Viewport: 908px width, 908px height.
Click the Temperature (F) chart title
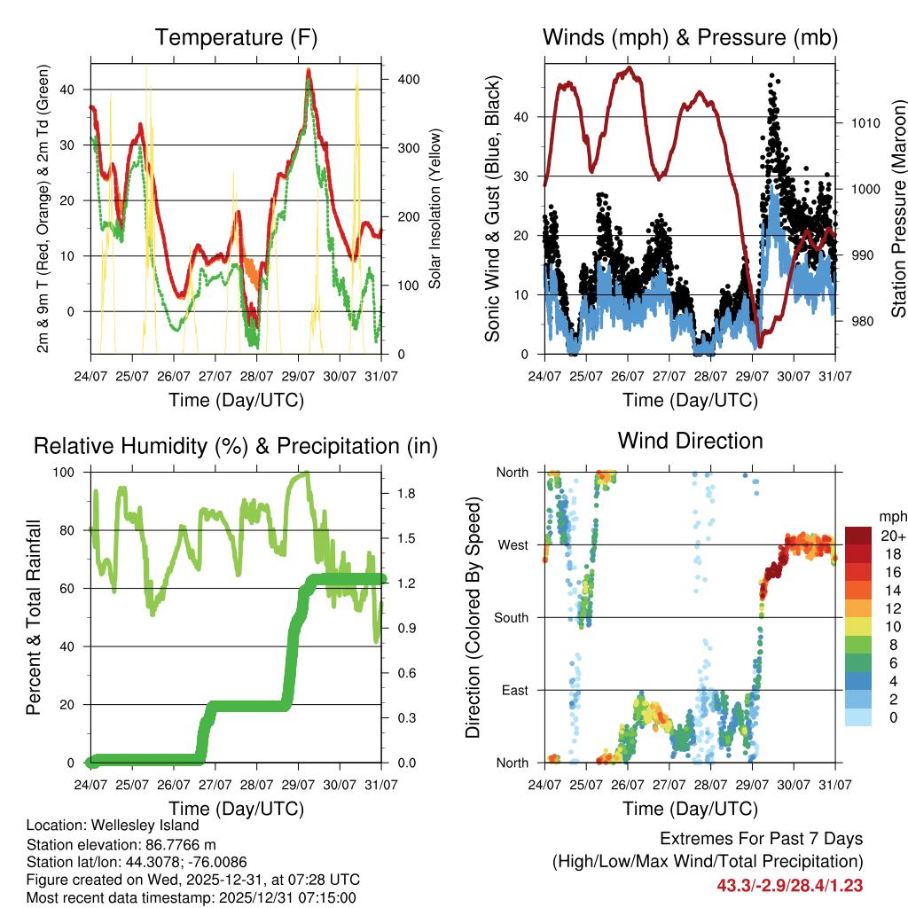pyautogui.click(x=236, y=38)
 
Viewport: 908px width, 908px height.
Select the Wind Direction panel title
pyautogui.click(x=690, y=441)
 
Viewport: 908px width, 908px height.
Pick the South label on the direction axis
pyautogui.click(x=512, y=617)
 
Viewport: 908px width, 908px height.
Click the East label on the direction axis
pyautogui.click(x=515, y=690)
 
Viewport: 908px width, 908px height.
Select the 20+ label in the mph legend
pyautogui.click(x=889, y=536)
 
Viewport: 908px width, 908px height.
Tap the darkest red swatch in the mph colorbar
pyautogui.click(x=857, y=536)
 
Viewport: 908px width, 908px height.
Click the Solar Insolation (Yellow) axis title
pyautogui.click(x=435, y=208)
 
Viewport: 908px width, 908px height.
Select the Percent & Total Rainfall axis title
pyautogui.click(x=34, y=617)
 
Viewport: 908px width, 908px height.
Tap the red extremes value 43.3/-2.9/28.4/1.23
pyautogui.click(x=789, y=885)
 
